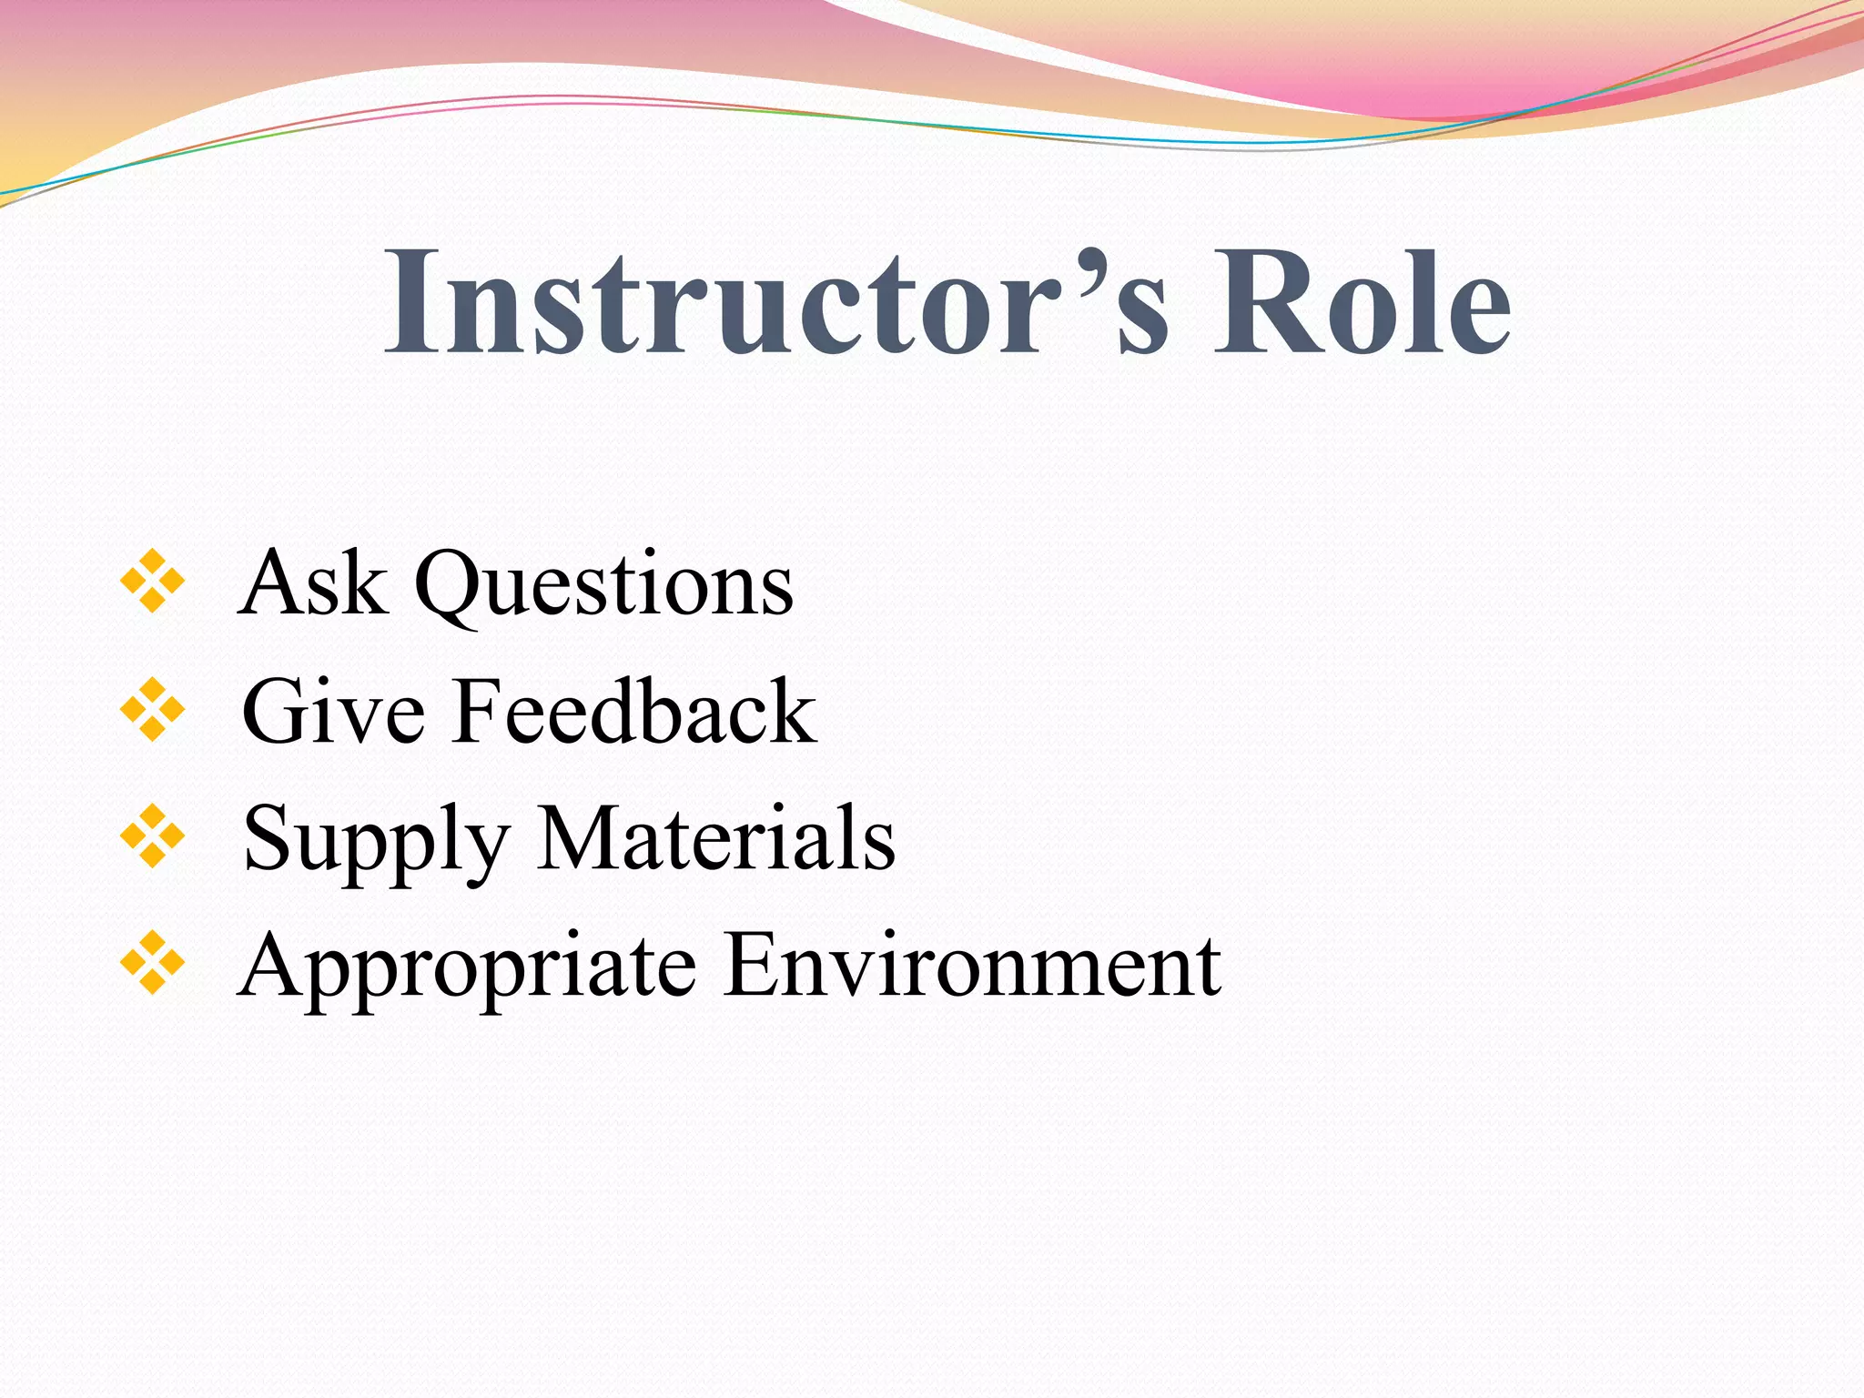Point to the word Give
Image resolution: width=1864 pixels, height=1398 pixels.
coord(333,711)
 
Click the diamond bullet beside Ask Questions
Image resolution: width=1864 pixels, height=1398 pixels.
coord(152,581)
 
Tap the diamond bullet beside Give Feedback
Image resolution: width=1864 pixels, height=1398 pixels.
coord(152,709)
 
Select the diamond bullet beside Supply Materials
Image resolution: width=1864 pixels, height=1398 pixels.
coord(152,836)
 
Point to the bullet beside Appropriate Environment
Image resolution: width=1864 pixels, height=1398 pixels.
coord(152,963)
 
